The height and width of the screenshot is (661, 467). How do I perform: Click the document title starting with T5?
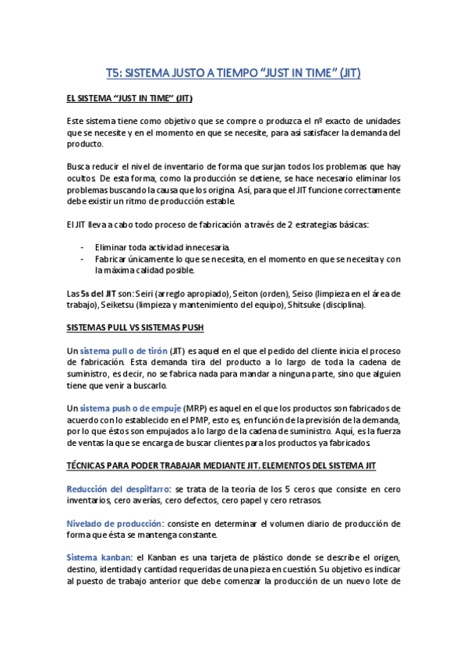click(233, 72)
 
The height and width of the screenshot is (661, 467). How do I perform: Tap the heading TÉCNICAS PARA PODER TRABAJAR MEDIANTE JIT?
click(221, 465)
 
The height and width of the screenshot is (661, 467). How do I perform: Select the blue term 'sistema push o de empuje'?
click(130, 408)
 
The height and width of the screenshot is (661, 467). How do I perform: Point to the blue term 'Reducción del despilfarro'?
click(119, 488)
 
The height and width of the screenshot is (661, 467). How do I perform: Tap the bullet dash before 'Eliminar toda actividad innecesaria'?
click(83, 247)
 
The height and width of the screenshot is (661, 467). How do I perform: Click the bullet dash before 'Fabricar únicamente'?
click(83, 259)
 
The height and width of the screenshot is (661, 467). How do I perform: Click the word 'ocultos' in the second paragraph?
click(80, 179)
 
